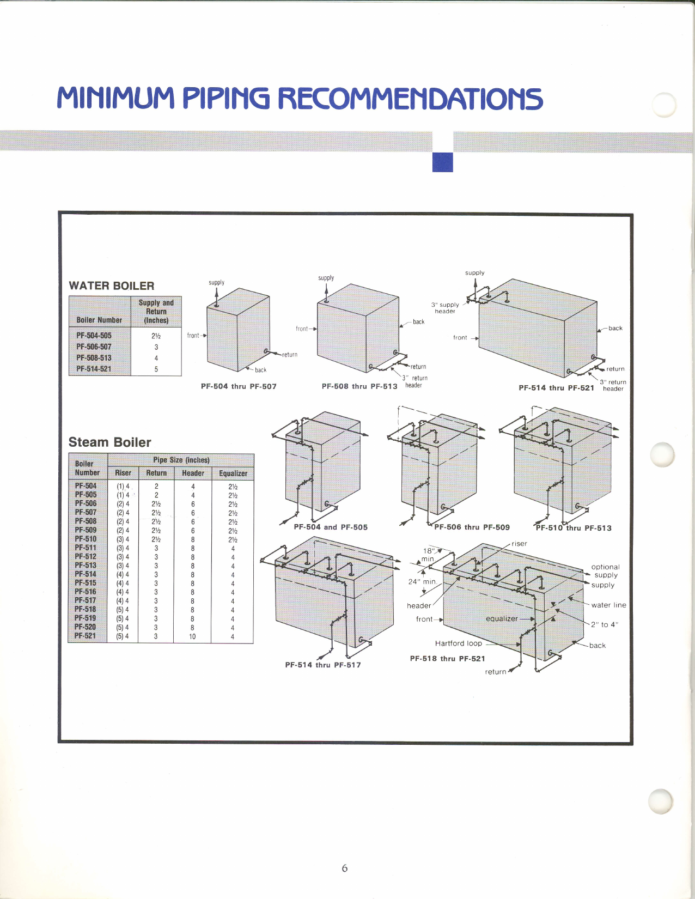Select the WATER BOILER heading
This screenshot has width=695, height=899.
pyautogui.click(x=112, y=286)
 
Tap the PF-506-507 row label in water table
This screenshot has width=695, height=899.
pyautogui.click(x=94, y=347)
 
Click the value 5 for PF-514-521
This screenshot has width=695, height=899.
pyautogui.click(x=156, y=369)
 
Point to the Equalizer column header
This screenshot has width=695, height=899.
pyautogui.click(x=233, y=473)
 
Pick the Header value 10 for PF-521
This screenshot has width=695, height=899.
pyautogui.click(x=192, y=636)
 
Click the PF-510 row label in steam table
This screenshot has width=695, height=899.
pyautogui.click(x=86, y=539)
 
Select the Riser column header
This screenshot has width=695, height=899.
pyautogui.click(x=123, y=473)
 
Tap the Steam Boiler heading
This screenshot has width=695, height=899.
pyautogui.click(x=109, y=442)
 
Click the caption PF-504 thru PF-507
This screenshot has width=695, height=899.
pyautogui.click(x=239, y=386)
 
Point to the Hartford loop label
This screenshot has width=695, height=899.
pyautogui.click(x=459, y=643)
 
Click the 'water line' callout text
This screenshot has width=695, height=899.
pyautogui.click(x=608, y=605)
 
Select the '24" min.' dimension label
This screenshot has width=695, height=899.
pyautogui.click(x=422, y=581)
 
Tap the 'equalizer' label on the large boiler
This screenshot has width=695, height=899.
pyautogui.click(x=502, y=618)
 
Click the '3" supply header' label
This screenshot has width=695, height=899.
pyautogui.click(x=445, y=308)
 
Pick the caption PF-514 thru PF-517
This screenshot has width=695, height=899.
pyautogui.click(x=323, y=665)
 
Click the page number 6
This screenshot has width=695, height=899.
pyautogui.click(x=344, y=868)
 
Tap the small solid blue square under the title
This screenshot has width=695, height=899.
pyautogui.click(x=442, y=162)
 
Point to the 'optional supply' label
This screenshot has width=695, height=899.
pyautogui.click(x=606, y=570)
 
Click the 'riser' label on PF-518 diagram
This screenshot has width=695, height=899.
pyautogui.click(x=519, y=543)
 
